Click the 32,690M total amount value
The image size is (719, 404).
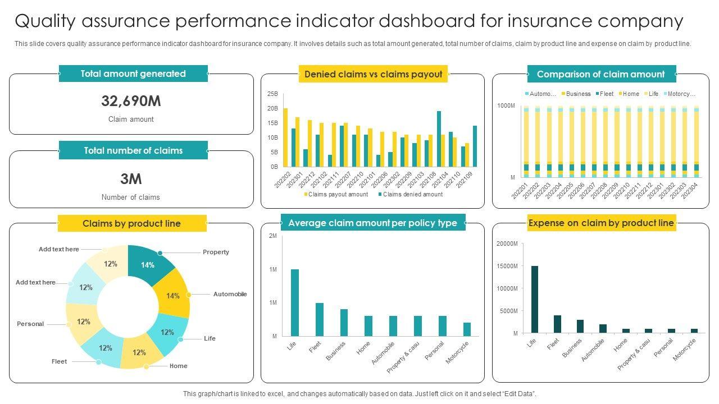click(x=131, y=101)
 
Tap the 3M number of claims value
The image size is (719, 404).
click(x=131, y=179)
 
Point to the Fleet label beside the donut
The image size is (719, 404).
click(x=59, y=361)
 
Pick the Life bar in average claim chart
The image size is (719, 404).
click(x=295, y=302)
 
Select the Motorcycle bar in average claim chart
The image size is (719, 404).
click(x=467, y=329)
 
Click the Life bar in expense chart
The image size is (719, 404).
click(x=535, y=299)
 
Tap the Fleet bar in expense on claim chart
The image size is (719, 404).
click(x=557, y=324)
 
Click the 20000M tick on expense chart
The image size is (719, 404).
click(x=507, y=244)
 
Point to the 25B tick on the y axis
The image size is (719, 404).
click(x=272, y=94)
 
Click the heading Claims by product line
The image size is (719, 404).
click(x=132, y=223)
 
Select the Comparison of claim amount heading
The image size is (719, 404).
click(x=600, y=74)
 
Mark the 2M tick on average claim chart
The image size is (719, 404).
click(x=273, y=236)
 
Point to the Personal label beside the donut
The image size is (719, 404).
click(x=30, y=324)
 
